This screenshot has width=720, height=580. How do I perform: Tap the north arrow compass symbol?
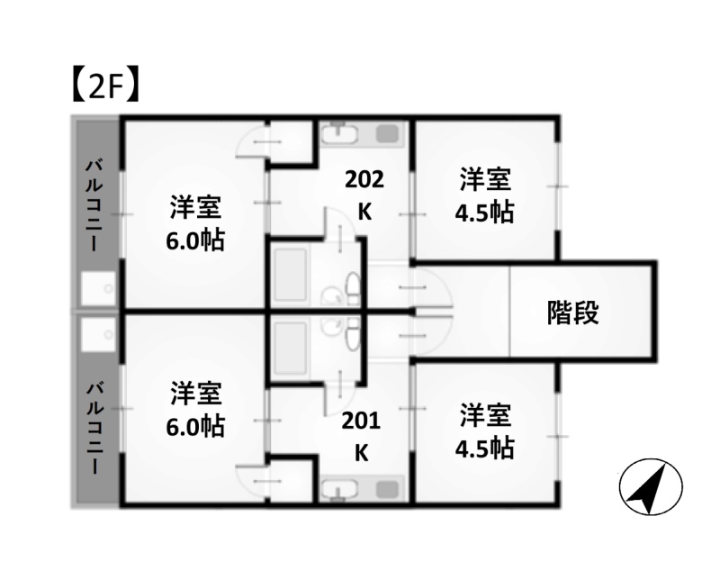click(x=651, y=487)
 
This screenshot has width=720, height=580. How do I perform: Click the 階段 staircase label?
click(x=572, y=313)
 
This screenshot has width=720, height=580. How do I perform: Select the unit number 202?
click(x=364, y=179)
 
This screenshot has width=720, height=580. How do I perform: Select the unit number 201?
click(x=361, y=421)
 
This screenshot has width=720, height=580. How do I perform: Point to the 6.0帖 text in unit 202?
click(x=195, y=240)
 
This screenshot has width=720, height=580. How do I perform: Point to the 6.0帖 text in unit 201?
click(x=195, y=426)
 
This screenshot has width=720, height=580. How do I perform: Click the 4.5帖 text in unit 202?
click(x=484, y=213)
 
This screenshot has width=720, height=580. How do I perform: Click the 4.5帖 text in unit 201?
click(x=484, y=449)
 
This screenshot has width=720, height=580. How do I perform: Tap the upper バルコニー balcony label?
click(x=95, y=205)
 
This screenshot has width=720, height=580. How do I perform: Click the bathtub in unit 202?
click(x=290, y=276)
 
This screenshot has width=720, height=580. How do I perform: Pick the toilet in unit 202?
click(x=353, y=287)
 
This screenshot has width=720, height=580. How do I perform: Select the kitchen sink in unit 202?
click(x=339, y=133)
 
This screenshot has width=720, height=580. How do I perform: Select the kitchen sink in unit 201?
click(x=339, y=489)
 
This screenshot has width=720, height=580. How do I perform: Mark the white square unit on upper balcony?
click(x=99, y=288)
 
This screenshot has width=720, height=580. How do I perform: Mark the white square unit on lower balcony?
click(x=99, y=335)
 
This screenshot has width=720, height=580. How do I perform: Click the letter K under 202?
click(x=364, y=212)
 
